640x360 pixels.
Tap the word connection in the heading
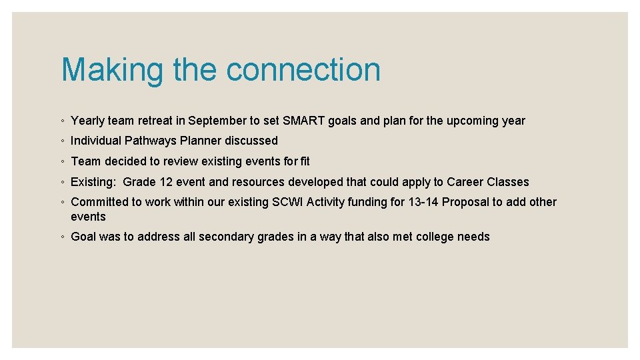[303, 70]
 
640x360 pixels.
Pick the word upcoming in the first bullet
[474, 121]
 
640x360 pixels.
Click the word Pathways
[150, 141]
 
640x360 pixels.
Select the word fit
[305, 161]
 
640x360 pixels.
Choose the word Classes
[508, 182]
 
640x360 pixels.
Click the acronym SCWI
[288, 202]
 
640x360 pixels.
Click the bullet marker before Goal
[62, 237]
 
